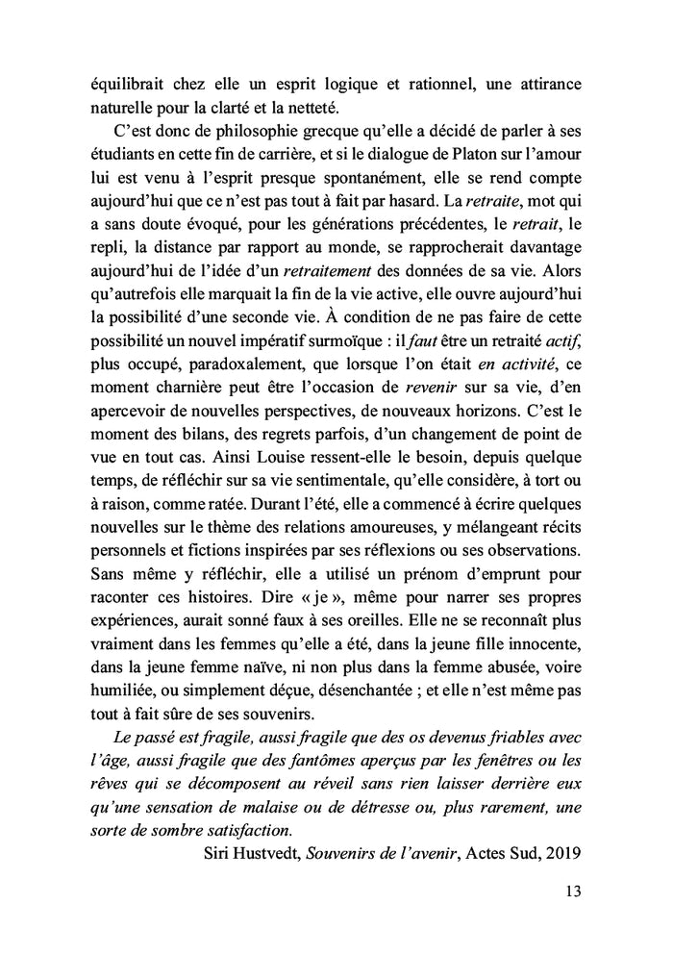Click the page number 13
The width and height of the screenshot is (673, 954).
tap(572, 891)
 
